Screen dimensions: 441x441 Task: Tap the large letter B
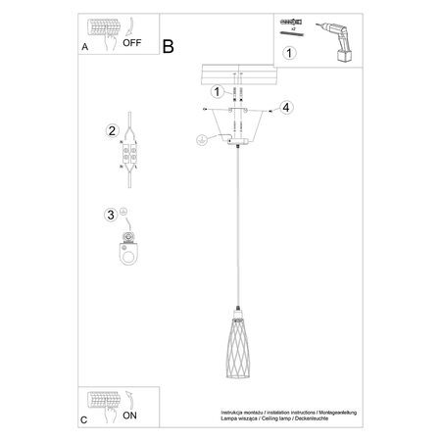point(168,45)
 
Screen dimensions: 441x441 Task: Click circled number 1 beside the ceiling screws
point(218,91)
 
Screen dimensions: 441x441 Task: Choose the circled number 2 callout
point(113,130)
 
